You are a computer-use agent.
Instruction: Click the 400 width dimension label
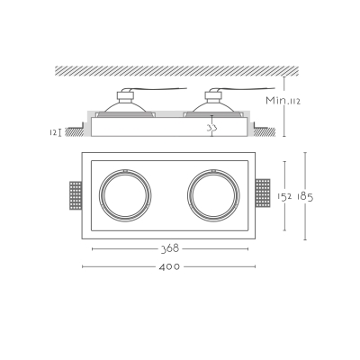click(x=169, y=266)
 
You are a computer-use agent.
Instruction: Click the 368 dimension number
click(x=170, y=248)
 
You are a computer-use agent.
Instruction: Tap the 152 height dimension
click(x=284, y=196)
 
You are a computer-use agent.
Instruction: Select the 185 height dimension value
click(x=305, y=197)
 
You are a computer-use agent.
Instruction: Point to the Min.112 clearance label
click(x=283, y=100)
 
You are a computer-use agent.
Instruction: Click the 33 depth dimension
click(x=211, y=128)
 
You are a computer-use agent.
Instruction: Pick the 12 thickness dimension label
click(x=53, y=132)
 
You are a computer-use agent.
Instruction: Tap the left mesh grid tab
click(x=76, y=195)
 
